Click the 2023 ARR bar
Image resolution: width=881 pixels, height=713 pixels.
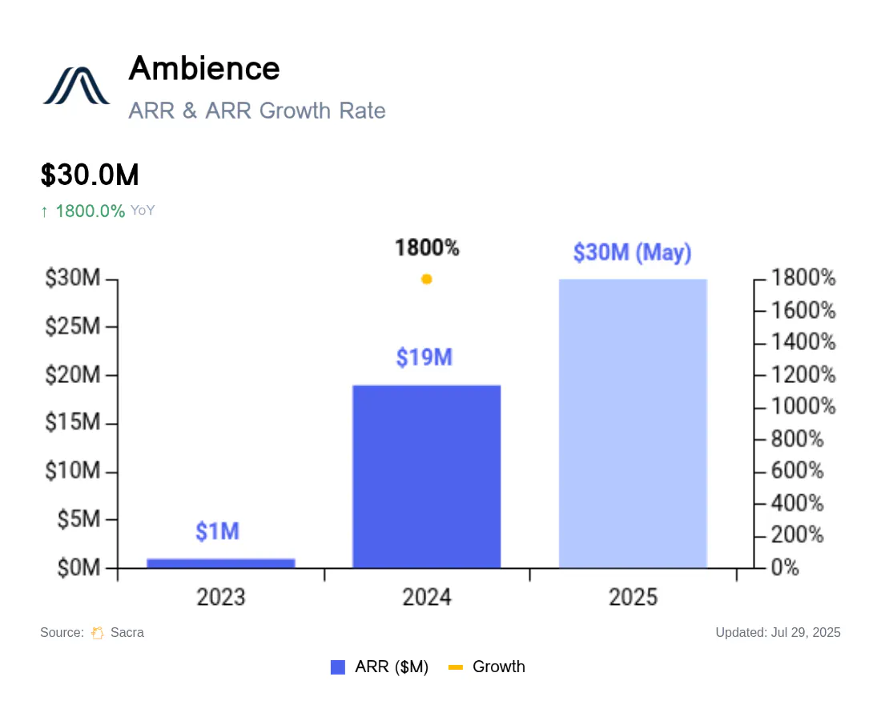click(221, 563)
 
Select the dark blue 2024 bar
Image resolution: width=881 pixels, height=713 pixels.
click(426, 477)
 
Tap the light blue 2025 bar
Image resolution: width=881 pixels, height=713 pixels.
click(633, 424)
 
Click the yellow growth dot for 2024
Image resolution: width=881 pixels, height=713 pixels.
click(426, 280)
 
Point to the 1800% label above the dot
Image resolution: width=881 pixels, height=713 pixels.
click(427, 248)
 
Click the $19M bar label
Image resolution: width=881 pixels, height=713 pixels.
click(424, 357)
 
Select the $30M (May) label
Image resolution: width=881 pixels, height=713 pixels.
click(632, 252)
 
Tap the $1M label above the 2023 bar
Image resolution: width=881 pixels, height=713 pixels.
click(217, 531)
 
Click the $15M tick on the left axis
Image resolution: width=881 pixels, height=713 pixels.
click(73, 422)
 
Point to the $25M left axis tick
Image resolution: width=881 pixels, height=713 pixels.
click(73, 326)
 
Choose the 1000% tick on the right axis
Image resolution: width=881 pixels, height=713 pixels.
click(803, 406)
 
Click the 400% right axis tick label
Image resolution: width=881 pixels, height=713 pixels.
click(797, 503)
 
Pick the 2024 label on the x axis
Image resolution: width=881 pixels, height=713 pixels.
click(427, 597)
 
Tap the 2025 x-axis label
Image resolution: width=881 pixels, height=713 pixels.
click(634, 597)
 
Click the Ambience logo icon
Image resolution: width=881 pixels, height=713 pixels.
click(76, 86)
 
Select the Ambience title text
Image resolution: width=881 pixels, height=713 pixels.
click(204, 69)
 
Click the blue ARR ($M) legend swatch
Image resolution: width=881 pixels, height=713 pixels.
click(338, 667)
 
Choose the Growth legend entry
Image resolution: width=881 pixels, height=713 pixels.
click(487, 667)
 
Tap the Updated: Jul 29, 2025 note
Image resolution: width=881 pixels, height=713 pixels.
click(778, 633)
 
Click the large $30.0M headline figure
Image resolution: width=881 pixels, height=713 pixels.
click(90, 175)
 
